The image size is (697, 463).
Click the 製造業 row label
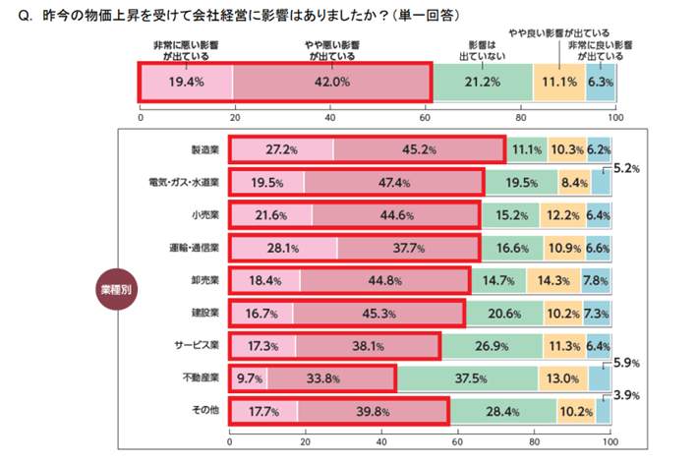[204, 150]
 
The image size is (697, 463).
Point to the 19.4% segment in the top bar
[186, 83]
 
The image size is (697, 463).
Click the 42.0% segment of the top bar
[331, 83]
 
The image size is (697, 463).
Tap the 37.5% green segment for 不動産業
[467, 378]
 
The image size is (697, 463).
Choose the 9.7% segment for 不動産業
[248, 378]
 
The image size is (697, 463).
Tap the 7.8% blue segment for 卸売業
[596, 281]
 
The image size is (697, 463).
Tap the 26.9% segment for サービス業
[493, 346]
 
